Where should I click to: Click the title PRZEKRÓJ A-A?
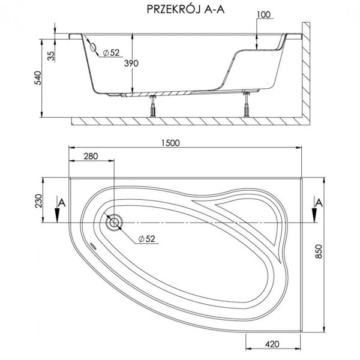[185, 10]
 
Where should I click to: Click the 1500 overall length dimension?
[170, 143]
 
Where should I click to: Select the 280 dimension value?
[91, 156]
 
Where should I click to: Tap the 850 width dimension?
[319, 251]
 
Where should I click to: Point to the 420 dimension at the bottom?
[272, 344]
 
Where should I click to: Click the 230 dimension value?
[38, 201]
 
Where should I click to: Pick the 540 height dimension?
[38, 78]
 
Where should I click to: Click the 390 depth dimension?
[131, 63]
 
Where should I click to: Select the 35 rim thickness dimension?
[52, 56]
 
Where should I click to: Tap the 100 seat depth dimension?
[263, 14]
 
